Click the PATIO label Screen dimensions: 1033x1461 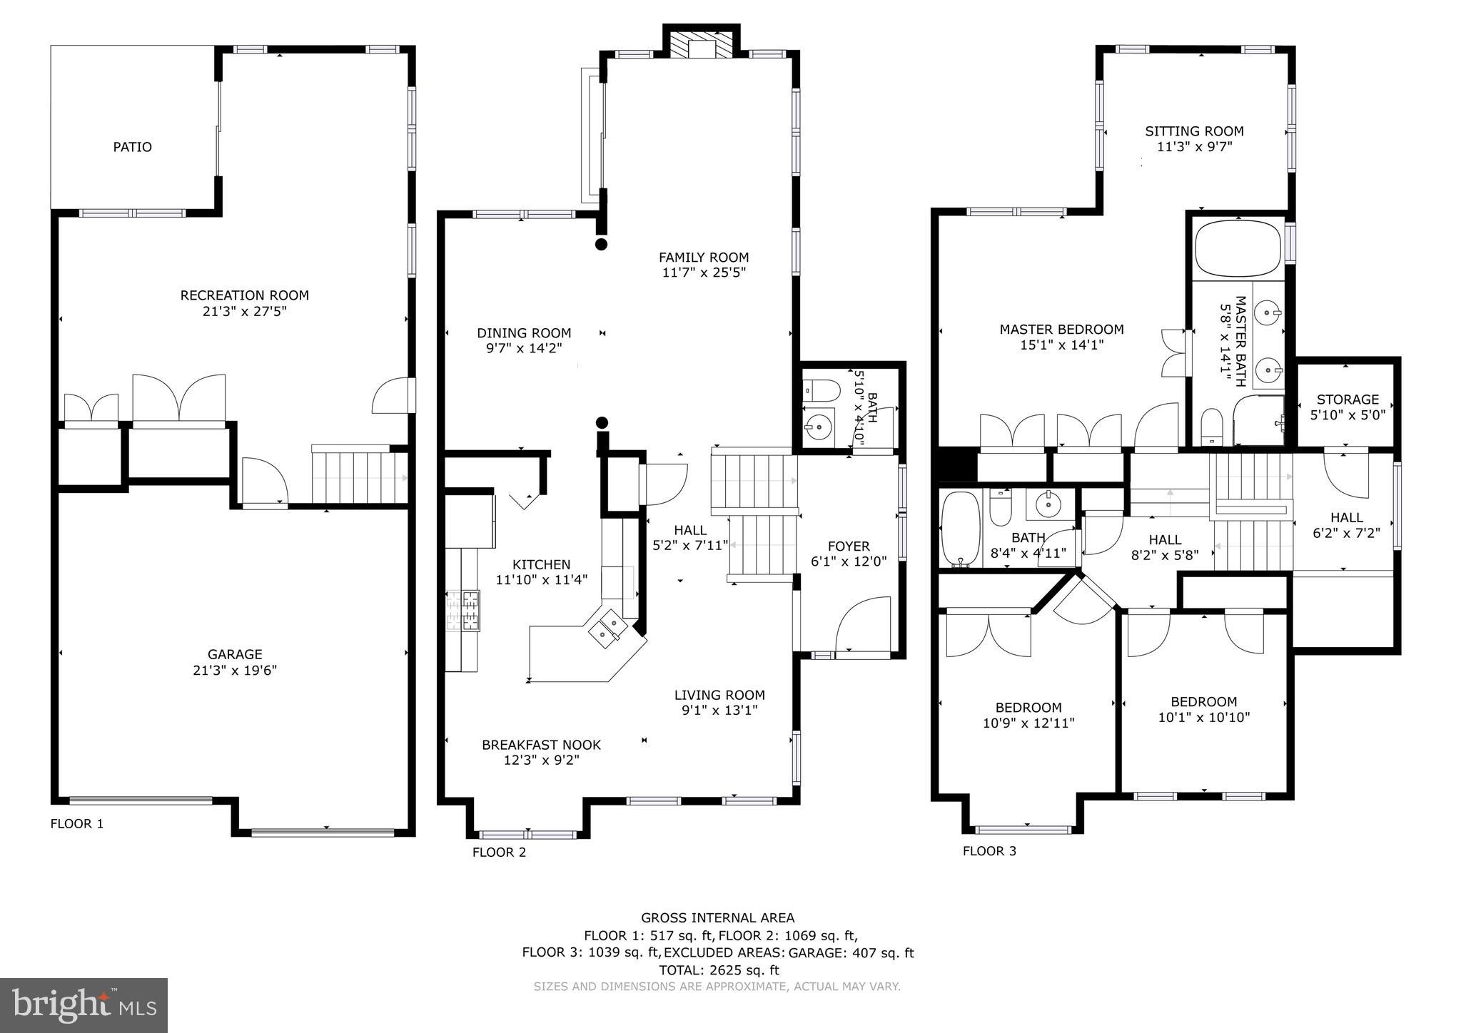(x=132, y=147)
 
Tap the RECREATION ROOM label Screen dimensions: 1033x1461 (x=244, y=295)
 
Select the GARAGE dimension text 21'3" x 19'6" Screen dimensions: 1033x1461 (x=235, y=671)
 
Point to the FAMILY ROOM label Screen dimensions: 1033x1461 (x=703, y=258)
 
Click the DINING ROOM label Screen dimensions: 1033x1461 (x=524, y=333)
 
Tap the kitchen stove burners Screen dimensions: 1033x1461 (x=462, y=611)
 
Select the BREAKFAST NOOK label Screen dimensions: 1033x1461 (x=541, y=745)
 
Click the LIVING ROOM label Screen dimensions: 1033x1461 (x=719, y=695)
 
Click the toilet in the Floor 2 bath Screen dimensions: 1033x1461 (x=822, y=390)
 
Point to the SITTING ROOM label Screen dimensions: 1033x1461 (x=1194, y=131)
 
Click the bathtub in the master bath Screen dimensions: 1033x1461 (x=1238, y=248)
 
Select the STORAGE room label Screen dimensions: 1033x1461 (x=1348, y=400)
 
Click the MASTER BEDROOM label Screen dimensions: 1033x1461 (x=1061, y=330)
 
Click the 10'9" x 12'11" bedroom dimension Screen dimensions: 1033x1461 (x=1028, y=723)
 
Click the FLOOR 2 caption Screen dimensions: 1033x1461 (x=499, y=852)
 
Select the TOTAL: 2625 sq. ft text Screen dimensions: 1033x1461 (x=717, y=970)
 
